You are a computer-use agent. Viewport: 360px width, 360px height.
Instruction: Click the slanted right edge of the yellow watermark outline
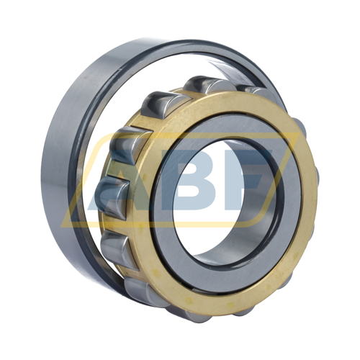coord(279,180)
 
